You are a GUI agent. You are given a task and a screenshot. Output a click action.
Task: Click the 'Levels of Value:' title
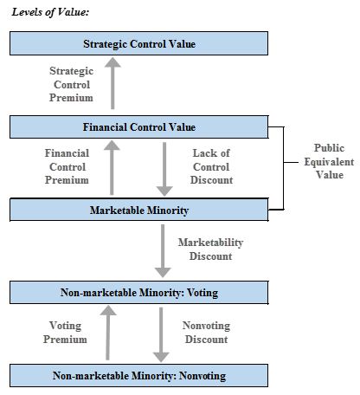[50, 12]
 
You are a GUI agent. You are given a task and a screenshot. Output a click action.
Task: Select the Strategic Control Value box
[138, 43]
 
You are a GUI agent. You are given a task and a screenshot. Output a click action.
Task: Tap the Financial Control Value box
[138, 126]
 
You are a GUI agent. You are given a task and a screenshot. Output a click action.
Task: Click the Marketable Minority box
[138, 210]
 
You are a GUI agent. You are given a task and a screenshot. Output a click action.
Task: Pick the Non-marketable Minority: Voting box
[138, 293]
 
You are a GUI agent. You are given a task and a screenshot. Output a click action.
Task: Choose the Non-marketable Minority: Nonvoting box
[138, 375]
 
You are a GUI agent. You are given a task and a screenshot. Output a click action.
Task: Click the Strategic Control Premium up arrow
[112, 83]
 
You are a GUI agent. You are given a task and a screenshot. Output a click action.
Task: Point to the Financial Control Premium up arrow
[112, 167]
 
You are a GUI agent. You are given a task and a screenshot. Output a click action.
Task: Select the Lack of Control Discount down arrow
[164, 169]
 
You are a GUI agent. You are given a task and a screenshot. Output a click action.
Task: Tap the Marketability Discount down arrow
[163, 251]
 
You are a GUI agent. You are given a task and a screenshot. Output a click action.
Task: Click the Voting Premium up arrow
[108, 333]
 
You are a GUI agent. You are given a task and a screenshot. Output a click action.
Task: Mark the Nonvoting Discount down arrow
[161, 334]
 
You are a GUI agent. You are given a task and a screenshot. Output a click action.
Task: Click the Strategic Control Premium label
[71, 84]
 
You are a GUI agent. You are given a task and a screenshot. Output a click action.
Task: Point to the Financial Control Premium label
[67, 166]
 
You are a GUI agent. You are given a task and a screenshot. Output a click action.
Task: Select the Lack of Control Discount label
[211, 166]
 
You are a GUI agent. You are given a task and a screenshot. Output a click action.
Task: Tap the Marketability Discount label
[210, 249]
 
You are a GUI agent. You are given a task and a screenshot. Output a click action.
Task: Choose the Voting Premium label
[65, 332]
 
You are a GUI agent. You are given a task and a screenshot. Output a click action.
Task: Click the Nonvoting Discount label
[206, 332]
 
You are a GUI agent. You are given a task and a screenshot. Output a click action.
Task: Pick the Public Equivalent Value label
[329, 161]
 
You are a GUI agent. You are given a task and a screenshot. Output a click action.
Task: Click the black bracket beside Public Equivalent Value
[284, 168]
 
